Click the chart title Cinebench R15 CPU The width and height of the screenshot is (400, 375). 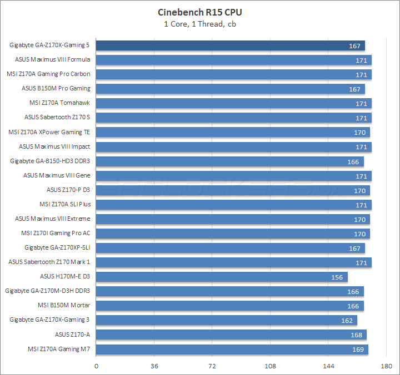200,12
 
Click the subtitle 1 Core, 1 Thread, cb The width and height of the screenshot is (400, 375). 200,23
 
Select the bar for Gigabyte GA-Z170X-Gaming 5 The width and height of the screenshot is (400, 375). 231,45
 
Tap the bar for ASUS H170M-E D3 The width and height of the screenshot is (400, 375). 222,277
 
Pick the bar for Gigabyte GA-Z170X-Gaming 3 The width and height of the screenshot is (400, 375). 227,320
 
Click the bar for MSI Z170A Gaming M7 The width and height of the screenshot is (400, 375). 232,349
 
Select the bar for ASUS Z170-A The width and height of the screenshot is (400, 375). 231,335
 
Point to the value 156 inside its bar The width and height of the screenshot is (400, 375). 337,277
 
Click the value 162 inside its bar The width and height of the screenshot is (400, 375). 347,320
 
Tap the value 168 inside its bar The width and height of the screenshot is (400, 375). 357,335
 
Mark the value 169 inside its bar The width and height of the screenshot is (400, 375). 358,349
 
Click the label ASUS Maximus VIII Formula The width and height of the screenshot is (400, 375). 53,59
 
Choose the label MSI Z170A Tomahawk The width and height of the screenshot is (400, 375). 59,103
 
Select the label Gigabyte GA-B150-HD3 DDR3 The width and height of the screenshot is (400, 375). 50,161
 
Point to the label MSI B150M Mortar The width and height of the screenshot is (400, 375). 64,305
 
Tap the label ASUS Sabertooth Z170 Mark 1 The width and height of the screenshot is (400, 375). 49,262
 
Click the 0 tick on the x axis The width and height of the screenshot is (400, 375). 97,366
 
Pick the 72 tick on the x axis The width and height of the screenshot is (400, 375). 212,366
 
